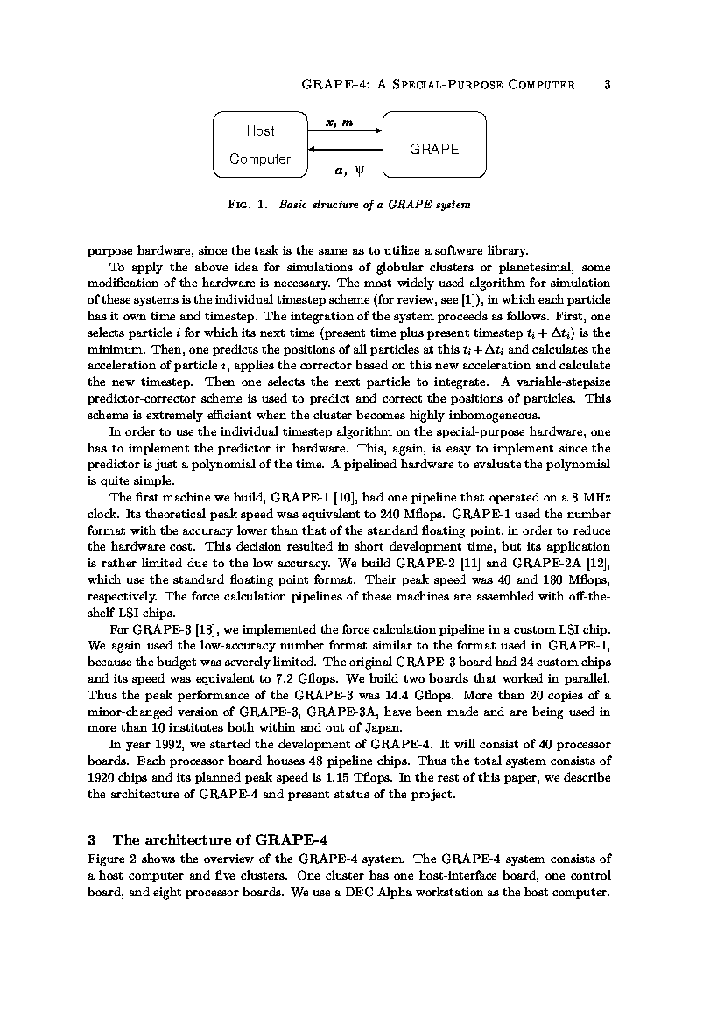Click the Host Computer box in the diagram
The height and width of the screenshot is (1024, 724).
click(x=259, y=144)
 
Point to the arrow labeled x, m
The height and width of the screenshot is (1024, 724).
click(x=344, y=131)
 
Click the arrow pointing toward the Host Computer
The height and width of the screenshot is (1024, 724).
click(x=344, y=150)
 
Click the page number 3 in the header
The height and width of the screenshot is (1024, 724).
click(x=607, y=85)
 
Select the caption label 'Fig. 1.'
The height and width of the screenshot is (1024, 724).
click(x=248, y=205)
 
